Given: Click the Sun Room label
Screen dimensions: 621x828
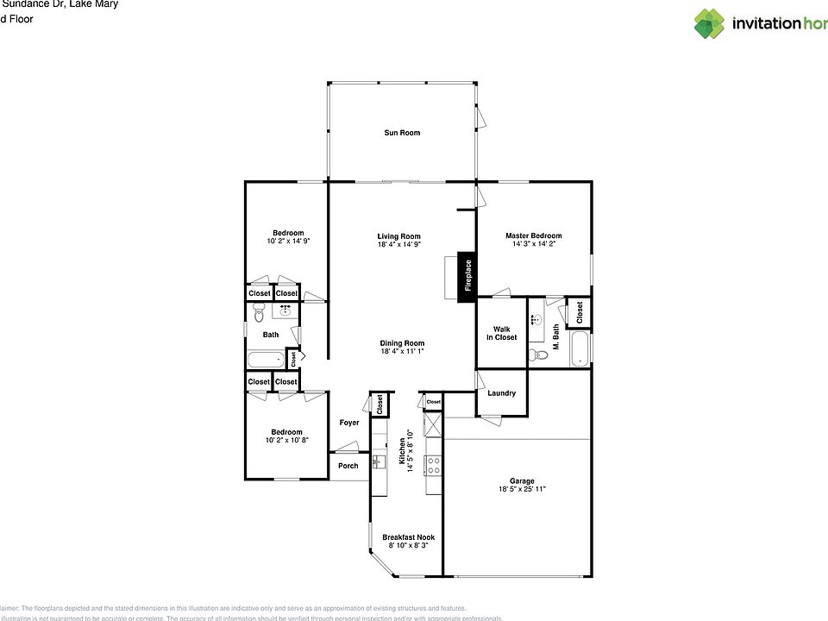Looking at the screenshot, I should (402, 133).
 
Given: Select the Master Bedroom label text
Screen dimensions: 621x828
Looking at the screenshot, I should (533, 235).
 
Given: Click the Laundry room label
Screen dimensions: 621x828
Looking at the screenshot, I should (501, 393).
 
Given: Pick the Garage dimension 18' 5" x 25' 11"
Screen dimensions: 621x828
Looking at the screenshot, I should (521, 490).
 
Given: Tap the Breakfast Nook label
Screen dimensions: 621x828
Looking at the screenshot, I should (408, 537).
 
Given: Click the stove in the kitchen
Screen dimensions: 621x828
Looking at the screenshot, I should (433, 466).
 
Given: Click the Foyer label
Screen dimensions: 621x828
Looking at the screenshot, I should (349, 423).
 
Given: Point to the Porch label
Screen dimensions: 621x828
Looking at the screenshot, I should (348, 466).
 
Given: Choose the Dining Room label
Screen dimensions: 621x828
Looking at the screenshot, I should (402, 343).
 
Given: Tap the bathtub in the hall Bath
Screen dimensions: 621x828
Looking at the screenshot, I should (265, 360).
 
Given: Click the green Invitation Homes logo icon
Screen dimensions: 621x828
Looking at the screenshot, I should (709, 23).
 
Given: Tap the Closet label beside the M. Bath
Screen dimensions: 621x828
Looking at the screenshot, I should (580, 311).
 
